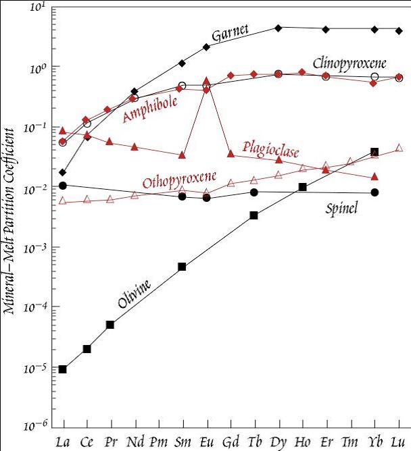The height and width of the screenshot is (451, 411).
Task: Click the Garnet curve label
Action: pyautogui.click(x=231, y=33)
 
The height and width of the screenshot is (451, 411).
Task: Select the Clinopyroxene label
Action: pyautogui.click(x=349, y=63)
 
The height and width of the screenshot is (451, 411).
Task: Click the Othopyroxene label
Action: pyautogui.click(x=179, y=180)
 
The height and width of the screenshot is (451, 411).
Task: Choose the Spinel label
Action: pyautogui.click(x=343, y=209)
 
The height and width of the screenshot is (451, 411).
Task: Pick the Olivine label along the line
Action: pyautogui.click(x=134, y=295)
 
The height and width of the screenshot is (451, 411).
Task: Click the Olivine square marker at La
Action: pyautogui.click(x=63, y=369)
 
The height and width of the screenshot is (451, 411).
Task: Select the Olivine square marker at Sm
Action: pyautogui.click(x=182, y=267)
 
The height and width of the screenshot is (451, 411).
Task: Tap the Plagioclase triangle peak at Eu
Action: pyautogui.click(x=206, y=81)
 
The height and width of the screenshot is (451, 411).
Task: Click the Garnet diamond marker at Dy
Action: pyautogui.click(x=279, y=28)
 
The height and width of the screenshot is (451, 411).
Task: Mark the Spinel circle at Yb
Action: pyautogui.click(x=374, y=192)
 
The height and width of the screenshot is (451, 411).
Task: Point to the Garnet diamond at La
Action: pyautogui.click(x=63, y=172)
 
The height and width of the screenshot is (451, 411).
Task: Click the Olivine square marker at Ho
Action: pyautogui.click(x=303, y=187)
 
